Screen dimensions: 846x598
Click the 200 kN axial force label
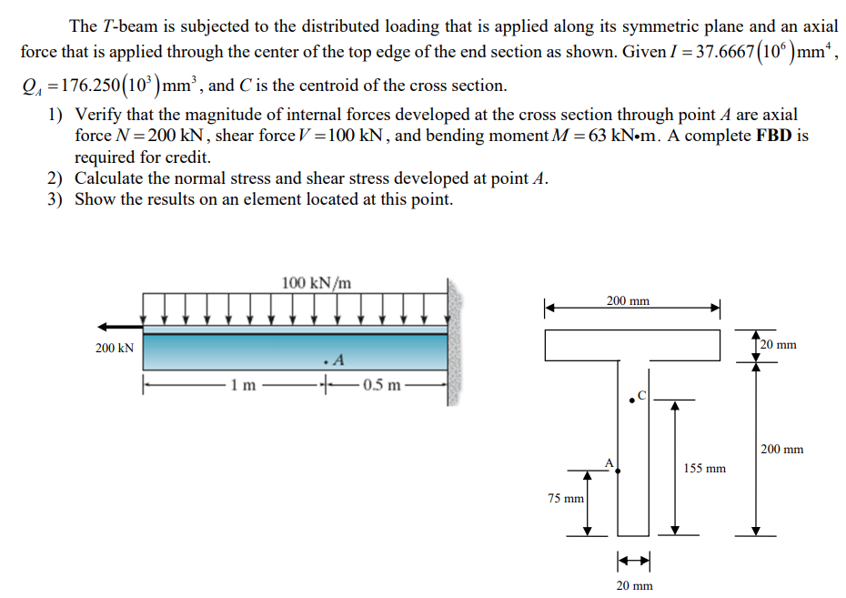pyautogui.click(x=115, y=348)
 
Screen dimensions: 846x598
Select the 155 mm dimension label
pyautogui.click(x=704, y=469)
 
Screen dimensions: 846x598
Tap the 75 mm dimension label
pyautogui.click(x=566, y=499)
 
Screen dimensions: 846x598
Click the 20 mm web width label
pyautogui.click(x=634, y=585)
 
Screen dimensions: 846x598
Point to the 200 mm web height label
pyautogui.click(x=781, y=450)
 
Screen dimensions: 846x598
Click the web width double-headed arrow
pyautogui.click(x=633, y=560)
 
